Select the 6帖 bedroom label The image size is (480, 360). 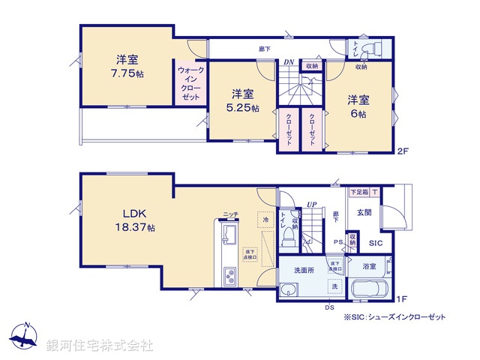[x=357, y=113]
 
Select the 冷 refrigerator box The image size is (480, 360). [x=263, y=220]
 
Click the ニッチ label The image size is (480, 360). [x=230, y=214]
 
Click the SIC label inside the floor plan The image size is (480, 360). [x=375, y=243]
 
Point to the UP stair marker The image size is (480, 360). [x=312, y=204]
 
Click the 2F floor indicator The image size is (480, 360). [x=403, y=151]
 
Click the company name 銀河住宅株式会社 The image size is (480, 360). [x=100, y=345]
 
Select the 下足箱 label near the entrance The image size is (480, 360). [x=359, y=192]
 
